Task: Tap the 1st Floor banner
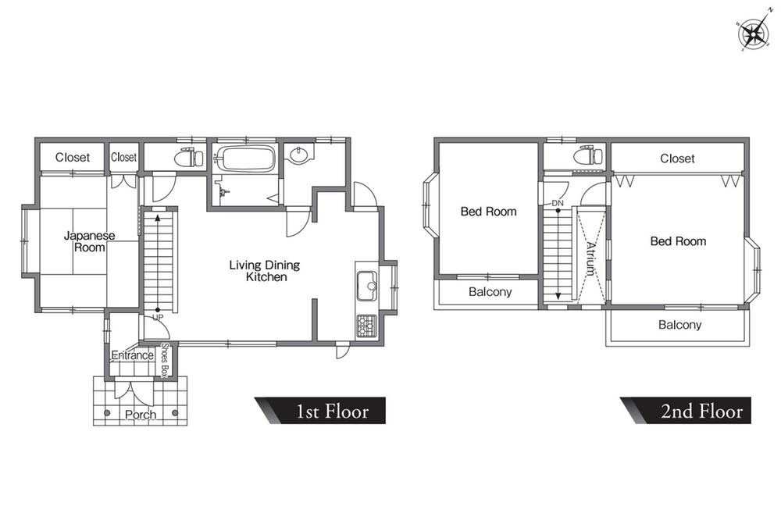320,411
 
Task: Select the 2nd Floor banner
686,411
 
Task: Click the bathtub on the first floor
247,159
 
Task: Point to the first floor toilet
189,158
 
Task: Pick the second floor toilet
588,156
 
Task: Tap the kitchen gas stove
367,326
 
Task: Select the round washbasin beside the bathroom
299,155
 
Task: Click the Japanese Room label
89,241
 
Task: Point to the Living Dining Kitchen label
265,271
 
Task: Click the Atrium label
590,258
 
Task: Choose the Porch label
141,415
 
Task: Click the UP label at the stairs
158,317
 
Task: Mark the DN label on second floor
558,203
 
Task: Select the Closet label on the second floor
677,159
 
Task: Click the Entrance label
132,355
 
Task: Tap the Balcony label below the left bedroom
490,292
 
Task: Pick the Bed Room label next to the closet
678,241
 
